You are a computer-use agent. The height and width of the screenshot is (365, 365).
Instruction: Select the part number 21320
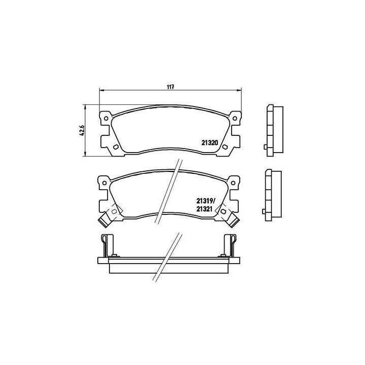[209, 143]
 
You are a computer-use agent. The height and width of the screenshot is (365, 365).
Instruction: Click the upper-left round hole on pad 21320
[106, 119]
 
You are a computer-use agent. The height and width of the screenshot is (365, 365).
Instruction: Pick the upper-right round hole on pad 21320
[235, 119]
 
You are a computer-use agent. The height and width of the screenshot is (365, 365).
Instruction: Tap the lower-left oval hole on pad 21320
[116, 148]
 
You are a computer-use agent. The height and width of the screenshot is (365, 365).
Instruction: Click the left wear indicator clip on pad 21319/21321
[105, 220]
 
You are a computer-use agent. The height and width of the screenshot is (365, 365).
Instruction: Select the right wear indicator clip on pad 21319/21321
[234, 220]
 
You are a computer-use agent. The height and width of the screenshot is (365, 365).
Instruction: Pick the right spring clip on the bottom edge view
[233, 244]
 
